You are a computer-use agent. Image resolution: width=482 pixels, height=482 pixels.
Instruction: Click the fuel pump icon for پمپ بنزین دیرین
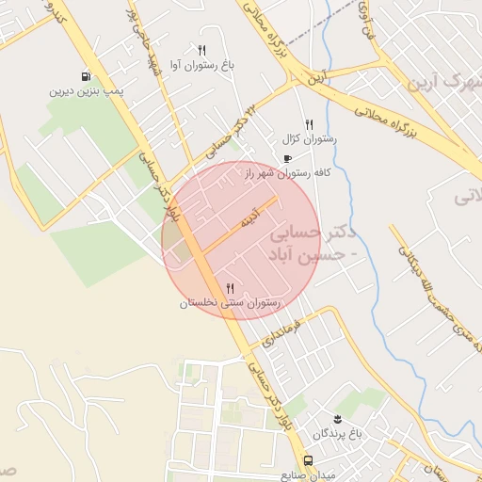pyautogui.click(x=87, y=77)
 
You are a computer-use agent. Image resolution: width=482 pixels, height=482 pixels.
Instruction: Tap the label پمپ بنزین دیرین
pyautogui.click(x=88, y=92)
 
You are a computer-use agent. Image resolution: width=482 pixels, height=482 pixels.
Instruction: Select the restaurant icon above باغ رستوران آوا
pyautogui.click(x=201, y=49)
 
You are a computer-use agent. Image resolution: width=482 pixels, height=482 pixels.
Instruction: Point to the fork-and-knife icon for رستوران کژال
pyautogui.click(x=309, y=124)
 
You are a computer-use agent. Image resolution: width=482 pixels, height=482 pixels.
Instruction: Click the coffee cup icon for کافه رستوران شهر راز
pyautogui.click(x=286, y=158)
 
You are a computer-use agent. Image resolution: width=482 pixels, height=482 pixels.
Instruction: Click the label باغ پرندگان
pyautogui.click(x=336, y=433)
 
